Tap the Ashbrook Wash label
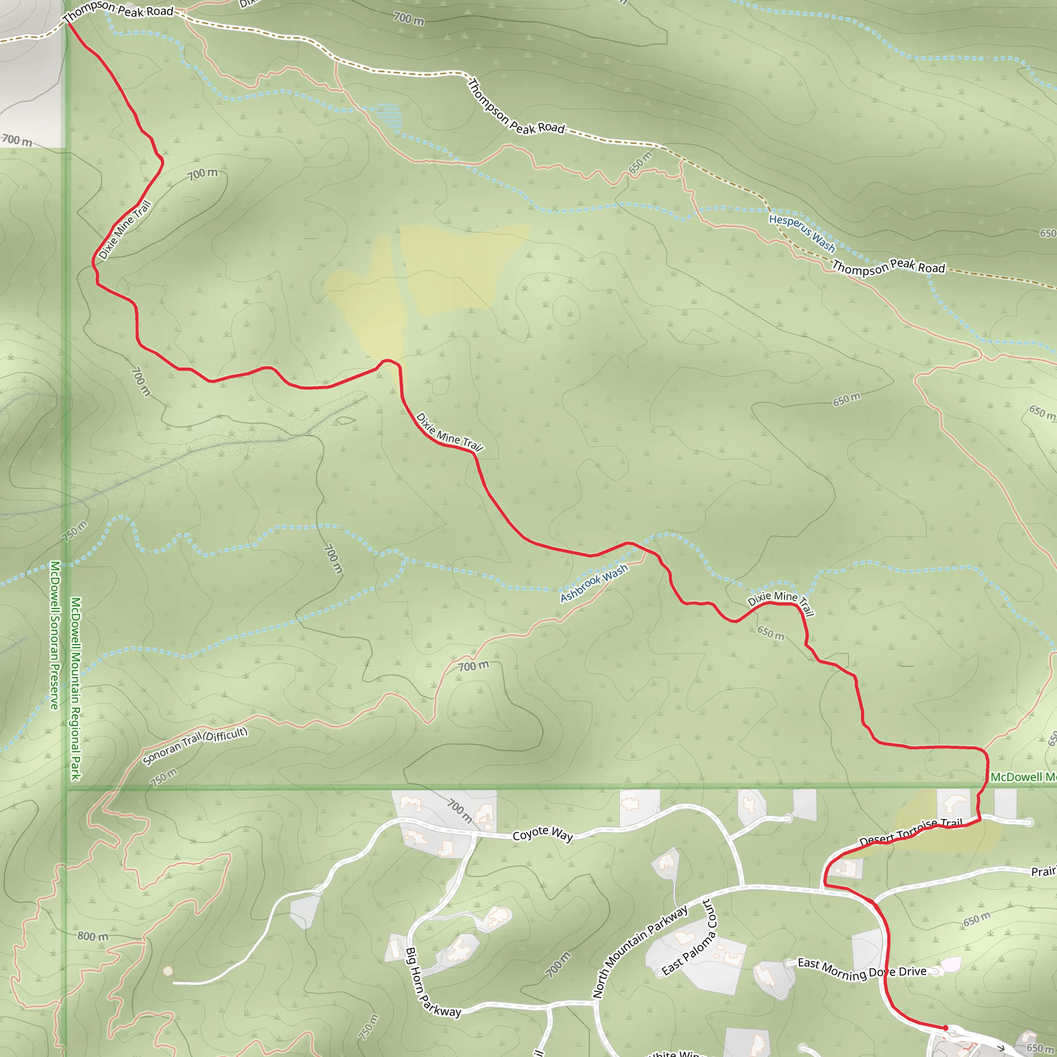coord(594,583)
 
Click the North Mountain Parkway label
coord(640,952)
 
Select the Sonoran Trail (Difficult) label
coord(195,746)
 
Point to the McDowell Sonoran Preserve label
coord(55,635)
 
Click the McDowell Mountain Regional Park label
coord(75,688)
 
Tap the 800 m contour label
coord(93,936)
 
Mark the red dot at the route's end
coord(946,1028)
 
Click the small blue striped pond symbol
coord(390,116)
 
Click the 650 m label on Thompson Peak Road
coord(640,163)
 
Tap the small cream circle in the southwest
coord(168,971)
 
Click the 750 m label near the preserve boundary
coord(74,531)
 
